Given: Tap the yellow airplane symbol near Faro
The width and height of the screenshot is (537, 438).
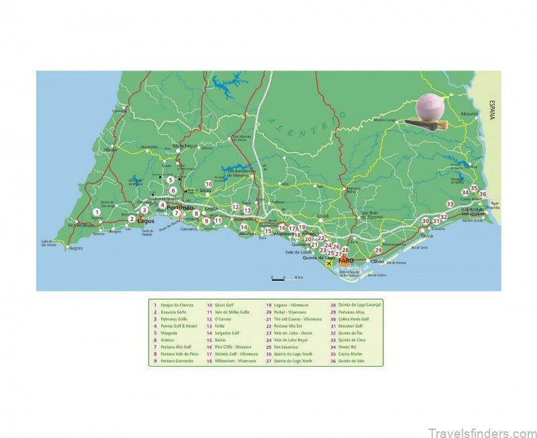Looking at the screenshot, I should (x=328, y=263).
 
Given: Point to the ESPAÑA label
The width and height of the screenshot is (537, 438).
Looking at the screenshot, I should (x=491, y=109).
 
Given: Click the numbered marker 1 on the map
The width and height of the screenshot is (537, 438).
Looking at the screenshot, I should (x=97, y=212).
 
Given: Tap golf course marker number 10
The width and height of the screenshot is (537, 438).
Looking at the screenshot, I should (x=209, y=183).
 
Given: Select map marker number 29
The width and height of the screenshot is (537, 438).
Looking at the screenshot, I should (x=378, y=250).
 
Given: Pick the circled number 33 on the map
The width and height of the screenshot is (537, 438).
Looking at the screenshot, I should (x=450, y=204).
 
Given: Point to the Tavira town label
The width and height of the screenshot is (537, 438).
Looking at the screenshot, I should (x=426, y=236).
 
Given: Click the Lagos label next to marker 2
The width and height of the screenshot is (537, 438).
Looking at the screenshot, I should (x=146, y=220).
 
